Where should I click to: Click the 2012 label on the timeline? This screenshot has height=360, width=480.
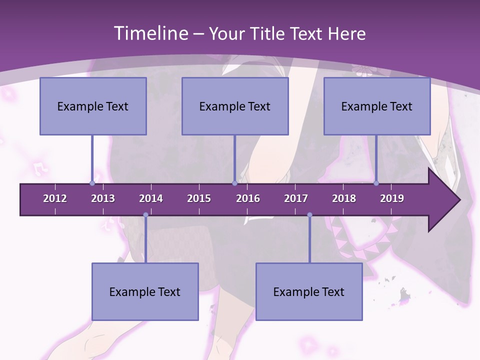point(55,198)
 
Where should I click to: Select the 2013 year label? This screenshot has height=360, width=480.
point(103,198)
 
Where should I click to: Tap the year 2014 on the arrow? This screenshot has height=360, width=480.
point(151,198)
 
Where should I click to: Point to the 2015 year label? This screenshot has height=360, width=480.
point(199,198)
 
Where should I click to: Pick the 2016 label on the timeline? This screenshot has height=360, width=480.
point(248,198)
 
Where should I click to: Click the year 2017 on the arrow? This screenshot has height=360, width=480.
point(296,198)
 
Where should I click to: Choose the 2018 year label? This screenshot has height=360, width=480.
point(344,198)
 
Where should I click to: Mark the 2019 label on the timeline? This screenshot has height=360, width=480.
point(392,198)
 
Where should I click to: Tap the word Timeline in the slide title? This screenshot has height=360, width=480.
point(149,33)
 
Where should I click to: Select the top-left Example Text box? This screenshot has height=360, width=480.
point(93,106)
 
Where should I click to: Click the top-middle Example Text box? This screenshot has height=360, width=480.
point(235,106)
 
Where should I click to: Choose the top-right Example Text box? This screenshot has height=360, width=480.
point(377,106)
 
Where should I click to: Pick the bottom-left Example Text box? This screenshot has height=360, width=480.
point(145,291)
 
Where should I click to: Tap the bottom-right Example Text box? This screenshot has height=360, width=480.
point(309,291)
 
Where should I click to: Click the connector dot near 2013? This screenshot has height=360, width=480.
point(92,183)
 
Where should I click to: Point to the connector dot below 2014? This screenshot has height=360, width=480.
point(145,215)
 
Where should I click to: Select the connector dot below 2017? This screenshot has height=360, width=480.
point(309,215)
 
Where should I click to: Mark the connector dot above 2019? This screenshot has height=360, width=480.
point(376,183)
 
